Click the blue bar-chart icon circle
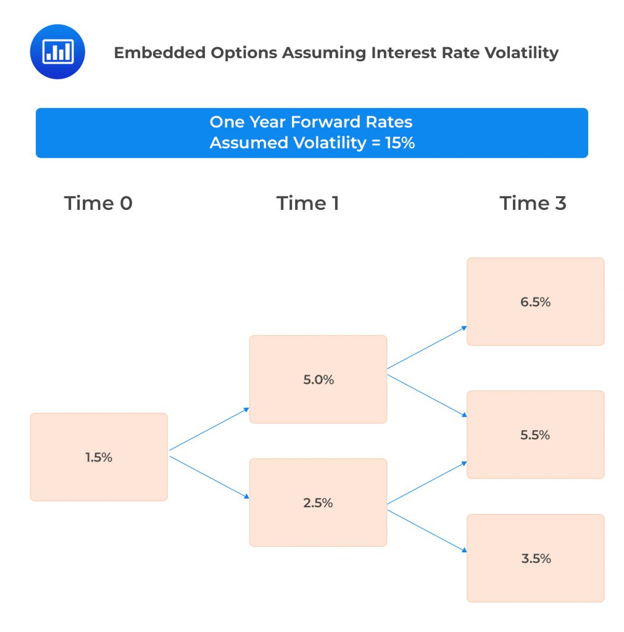point(57,52)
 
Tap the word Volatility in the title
point(517,53)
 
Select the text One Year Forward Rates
point(312,122)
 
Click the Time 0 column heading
point(98,204)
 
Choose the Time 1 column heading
point(307,204)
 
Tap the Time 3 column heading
point(533,204)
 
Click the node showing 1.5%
point(99,457)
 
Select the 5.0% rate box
point(318,380)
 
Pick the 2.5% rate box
point(318,503)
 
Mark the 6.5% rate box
point(535,302)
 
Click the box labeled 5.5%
point(535,434)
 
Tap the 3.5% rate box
point(535,559)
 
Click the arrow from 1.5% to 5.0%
point(209,429)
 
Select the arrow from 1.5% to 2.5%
point(209,477)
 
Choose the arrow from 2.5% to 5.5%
point(426,483)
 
